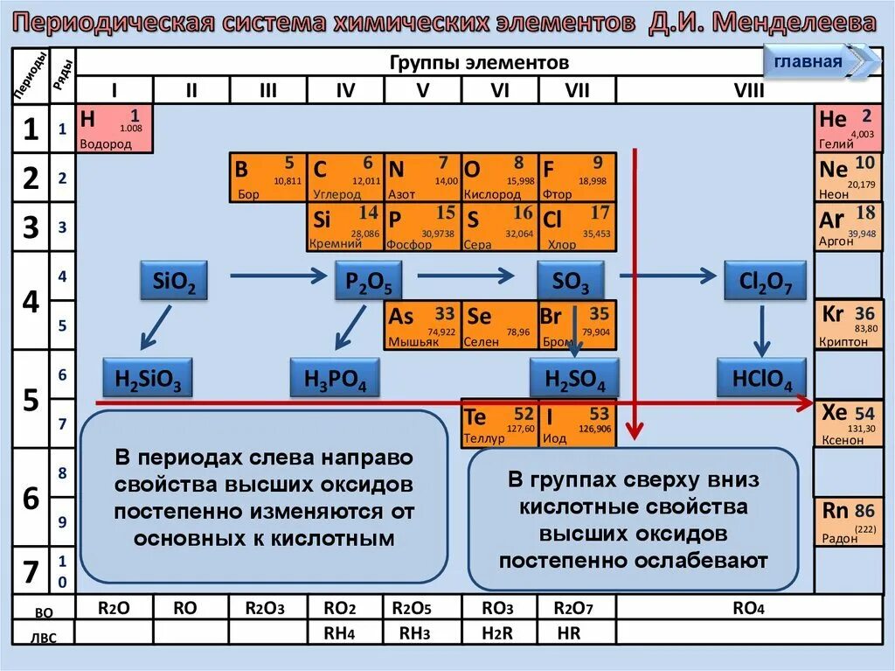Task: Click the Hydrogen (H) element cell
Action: (x=114, y=129)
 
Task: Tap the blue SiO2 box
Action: (x=174, y=282)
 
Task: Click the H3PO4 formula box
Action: (x=335, y=379)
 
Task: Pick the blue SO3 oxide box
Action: (x=571, y=282)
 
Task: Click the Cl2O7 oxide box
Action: (x=765, y=282)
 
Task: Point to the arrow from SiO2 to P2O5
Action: (x=276, y=276)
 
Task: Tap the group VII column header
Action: (x=577, y=90)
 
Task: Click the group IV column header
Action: (x=345, y=90)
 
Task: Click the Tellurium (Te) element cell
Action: (x=499, y=423)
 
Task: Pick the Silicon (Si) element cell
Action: (x=345, y=227)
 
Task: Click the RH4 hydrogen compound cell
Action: (x=345, y=632)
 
